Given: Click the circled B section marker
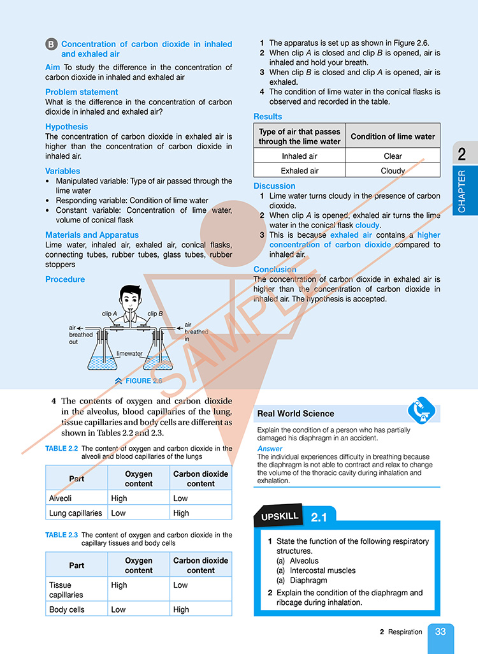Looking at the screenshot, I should click(x=52, y=45).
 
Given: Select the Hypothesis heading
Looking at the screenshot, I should click(x=67, y=127).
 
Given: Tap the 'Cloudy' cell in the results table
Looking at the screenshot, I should click(x=393, y=171).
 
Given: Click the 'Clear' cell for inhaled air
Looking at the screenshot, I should click(x=393, y=156).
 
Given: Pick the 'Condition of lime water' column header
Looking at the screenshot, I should click(x=393, y=136).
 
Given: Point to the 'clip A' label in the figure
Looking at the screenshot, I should click(x=110, y=314).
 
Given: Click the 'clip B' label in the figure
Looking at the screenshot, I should click(x=156, y=314).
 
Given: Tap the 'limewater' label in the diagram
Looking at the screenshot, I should click(x=129, y=353).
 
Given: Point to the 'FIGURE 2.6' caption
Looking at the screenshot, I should click(x=143, y=381).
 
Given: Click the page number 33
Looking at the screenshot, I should click(x=440, y=632).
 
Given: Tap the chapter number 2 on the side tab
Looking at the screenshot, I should click(x=461, y=154).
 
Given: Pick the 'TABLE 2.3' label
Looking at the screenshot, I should click(x=61, y=535).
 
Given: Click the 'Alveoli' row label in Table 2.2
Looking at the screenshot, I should click(x=62, y=498).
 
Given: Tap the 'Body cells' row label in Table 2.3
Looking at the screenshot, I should click(x=66, y=609).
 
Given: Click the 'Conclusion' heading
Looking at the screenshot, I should click(x=275, y=270).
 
